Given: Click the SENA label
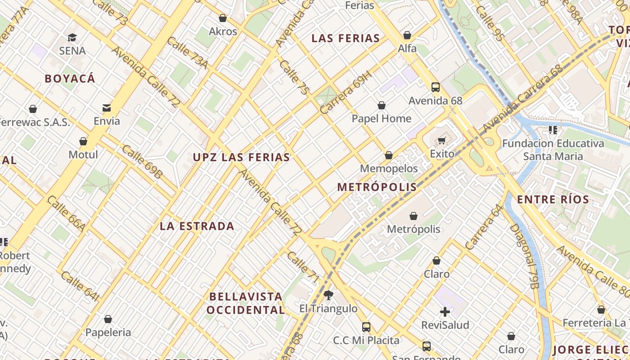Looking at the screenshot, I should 72,51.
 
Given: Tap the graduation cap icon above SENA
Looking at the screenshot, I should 72,38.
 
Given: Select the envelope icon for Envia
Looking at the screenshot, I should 107,108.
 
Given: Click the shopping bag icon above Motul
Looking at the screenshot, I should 83,142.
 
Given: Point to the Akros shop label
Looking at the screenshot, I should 223,31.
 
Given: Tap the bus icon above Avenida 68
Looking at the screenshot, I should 435,87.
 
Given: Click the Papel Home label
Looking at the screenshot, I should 382,119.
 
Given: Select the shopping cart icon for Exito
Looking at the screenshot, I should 442,140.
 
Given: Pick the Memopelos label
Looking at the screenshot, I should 389,169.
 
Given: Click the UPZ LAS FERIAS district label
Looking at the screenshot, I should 242,157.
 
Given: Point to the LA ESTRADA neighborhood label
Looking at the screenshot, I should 197,226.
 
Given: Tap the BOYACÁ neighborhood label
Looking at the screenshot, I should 70,79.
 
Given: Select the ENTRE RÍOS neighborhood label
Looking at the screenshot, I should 553,200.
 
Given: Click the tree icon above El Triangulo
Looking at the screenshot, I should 328,295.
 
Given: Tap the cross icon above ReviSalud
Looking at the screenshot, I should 445,311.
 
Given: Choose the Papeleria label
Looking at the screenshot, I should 108,333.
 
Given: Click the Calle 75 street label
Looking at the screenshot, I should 294,77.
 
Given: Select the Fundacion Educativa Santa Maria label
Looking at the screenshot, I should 553,150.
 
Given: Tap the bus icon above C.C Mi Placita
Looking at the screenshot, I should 366,327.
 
